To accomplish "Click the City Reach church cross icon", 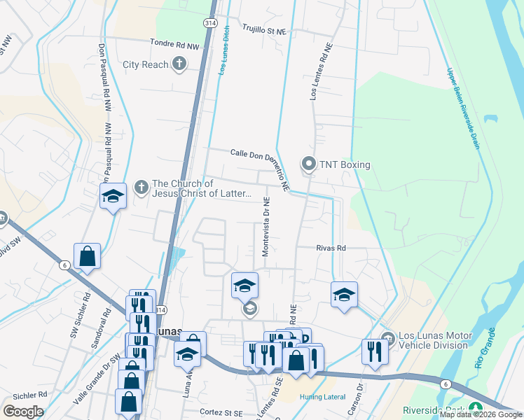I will tap(179, 64).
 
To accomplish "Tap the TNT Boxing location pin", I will tap(308, 164).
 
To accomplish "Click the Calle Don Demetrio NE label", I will tap(260, 166).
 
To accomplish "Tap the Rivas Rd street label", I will tap(331, 248).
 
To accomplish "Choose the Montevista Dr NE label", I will tap(266, 227).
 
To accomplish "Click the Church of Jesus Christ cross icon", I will tap(140, 187).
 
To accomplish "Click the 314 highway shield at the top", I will tap(210, 23).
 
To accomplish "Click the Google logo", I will tap(23, 412).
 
